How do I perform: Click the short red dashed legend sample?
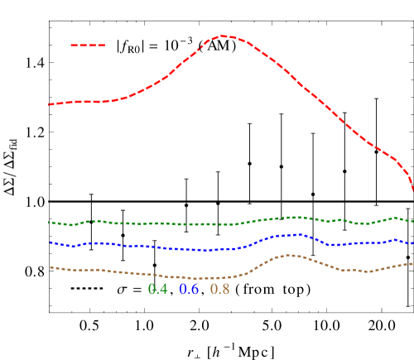pyautogui.click(x=88, y=46)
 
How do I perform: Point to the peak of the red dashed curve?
pyautogui.click(x=224, y=36)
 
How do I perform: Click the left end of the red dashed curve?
pyautogui.click(x=49, y=104)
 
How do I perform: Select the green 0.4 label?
pyautogui.click(x=157, y=289)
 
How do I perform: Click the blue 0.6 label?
pyautogui.click(x=189, y=289)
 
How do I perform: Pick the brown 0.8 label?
pyautogui.click(x=219, y=289)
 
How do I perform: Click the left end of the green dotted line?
pyautogui.click(x=49, y=222)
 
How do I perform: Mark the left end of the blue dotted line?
pyautogui.click(x=50, y=242)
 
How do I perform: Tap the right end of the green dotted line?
pyautogui.click(x=412, y=221)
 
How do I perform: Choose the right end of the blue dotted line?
pyautogui.click(x=412, y=242)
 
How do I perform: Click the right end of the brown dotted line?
pyautogui.click(x=412, y=263)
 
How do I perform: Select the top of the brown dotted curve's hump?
pyautogui.click(x=293, y=255)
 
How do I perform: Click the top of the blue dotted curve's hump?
pyautogui.click(x=296, y=234)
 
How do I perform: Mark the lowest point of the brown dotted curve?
pyautogui.click(x=197, y=278)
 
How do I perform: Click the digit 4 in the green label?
pyautogui.click(x=163, y=289)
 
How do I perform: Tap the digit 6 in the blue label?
pyautogui.click(x=195, y=289)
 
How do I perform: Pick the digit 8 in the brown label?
pyautogui.click(x=225, y=289)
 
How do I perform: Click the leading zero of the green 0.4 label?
pyautogui.click(x=152, y=289)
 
